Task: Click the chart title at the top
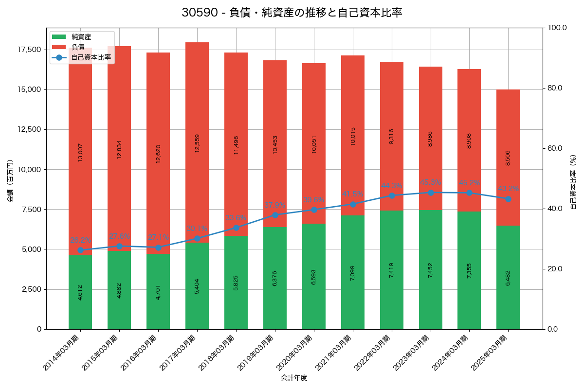292,13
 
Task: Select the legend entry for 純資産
81,37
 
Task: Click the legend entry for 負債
77,47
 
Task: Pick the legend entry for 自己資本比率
91,57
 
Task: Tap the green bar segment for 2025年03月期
508,277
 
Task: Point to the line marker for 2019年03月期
275,215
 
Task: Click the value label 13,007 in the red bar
80,152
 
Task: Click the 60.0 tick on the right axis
554,148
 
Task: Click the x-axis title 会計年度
294,378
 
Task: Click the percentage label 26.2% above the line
80,240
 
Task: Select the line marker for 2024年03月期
469,193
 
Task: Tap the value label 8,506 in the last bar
508,158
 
